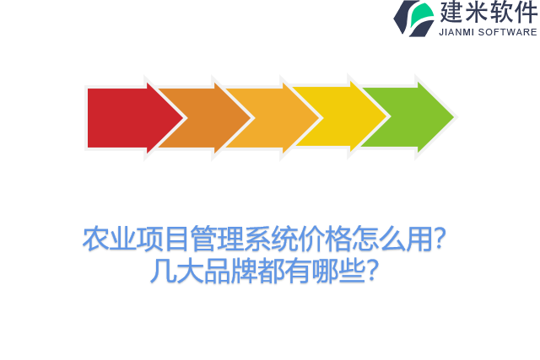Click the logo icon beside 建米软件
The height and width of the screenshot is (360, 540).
(413, 18)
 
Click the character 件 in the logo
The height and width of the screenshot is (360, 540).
(526, 12)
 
